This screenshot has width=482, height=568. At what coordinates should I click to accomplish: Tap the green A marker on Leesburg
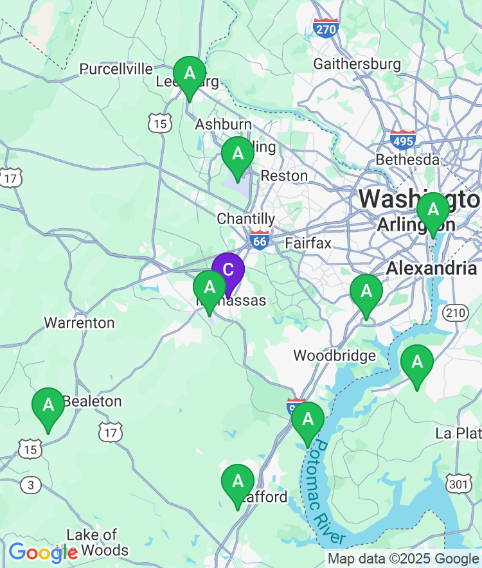pyautogui.click(x=190, y=74)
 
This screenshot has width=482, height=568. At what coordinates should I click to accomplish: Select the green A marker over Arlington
pyautogui.click(x=433, y=210)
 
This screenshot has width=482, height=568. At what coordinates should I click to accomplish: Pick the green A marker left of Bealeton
pyautogui.click(x=48, y=405)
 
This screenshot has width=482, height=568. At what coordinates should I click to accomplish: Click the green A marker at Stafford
pyautogui.click(x=238, y=482)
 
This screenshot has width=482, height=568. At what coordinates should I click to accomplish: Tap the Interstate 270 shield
pyautogui.click(x=326, y=27)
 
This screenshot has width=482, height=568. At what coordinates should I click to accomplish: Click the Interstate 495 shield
pyautogui.click(x=403, y=139)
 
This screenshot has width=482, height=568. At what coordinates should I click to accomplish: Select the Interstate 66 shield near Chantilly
pyautogui.click(x=260, y=240)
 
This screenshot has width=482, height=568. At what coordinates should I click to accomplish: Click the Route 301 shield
pyautogui.click(x=460, y=483)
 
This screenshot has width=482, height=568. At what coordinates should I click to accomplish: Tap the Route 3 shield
pyautogui.click(x=30, y=484)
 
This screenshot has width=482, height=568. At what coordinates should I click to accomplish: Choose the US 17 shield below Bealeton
pyautogui.click(x=111, y=432)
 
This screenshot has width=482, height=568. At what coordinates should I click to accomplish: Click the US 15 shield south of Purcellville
pyautogui.click(x=159, y=123)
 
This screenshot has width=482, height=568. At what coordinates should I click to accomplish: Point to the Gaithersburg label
pyautogui.click(x=357, y=64)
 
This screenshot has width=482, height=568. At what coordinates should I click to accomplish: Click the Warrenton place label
pyautogui.click(x=79, y=323)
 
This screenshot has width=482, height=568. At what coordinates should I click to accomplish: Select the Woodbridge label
pyautogui.click(x=334, y=356)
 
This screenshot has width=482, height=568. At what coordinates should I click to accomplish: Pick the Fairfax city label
pyautogui.click(x=308, y=244)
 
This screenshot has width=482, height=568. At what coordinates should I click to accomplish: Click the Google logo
pyautogui.click(x=42, y=552)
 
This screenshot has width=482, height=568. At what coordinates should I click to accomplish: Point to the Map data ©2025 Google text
pyautogui.click(x=404, y=559)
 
